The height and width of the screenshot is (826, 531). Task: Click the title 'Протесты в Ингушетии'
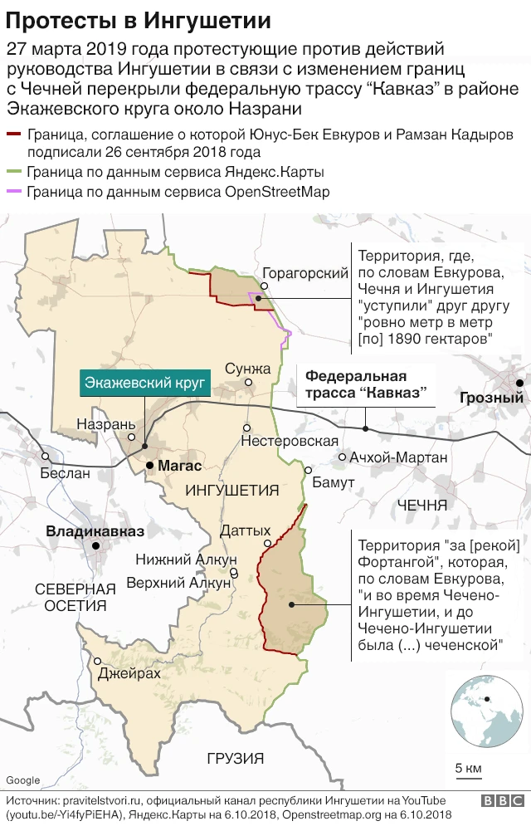[x=138, y=19]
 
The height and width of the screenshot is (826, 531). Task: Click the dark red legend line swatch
[x=14, y=134]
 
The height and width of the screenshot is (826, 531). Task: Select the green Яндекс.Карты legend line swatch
[x=14, y=173]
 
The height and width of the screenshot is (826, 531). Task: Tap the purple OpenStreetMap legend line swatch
[x=14, y=192]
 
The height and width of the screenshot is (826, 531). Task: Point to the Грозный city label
[x=491, y=398]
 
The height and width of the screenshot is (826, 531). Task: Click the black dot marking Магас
[x=149, y=466]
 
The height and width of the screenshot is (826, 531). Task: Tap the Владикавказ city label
[x=95, y=531]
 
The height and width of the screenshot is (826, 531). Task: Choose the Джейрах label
[x=129, y=673]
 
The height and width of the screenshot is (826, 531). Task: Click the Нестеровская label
[x=289, y=442]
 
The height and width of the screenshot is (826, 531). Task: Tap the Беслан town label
[x=65, y=473]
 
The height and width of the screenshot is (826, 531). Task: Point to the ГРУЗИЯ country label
[x=235, y=757]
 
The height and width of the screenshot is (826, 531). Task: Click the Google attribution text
[x=22, y=780]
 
